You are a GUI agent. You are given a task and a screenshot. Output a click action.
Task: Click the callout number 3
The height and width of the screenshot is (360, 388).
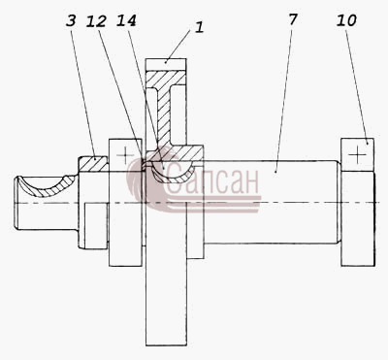71,21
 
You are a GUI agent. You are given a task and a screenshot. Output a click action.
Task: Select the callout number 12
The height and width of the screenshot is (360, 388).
96,21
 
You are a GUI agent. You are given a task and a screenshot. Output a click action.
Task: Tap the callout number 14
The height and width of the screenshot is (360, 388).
126,20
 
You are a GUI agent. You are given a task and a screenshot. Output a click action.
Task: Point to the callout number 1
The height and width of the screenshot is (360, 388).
200,27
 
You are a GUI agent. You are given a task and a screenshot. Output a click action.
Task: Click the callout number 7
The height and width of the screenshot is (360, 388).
292,19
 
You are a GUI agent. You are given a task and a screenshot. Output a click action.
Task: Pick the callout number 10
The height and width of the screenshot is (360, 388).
346,20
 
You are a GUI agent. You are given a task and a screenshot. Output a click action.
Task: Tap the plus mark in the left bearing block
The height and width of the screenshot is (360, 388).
125,155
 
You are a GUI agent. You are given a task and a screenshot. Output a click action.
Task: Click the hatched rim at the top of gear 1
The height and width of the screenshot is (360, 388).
166,80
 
